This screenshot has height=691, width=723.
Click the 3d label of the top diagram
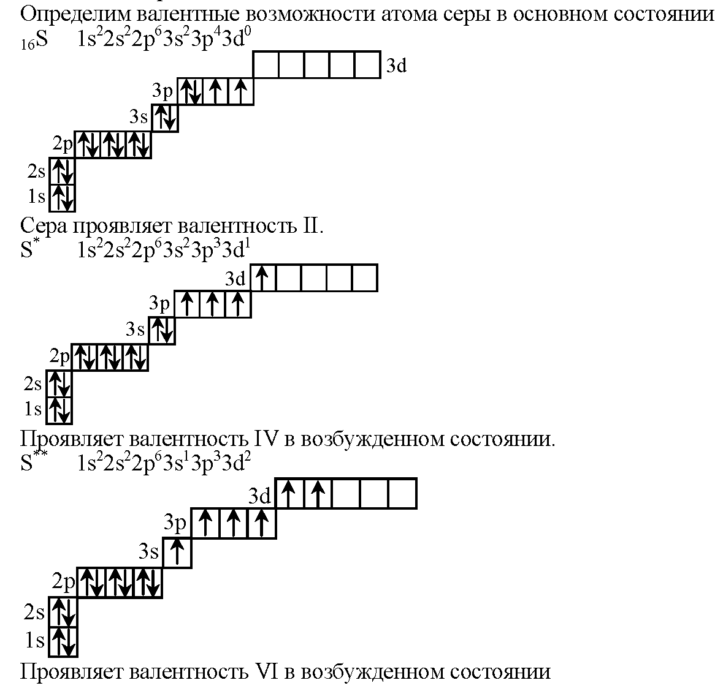coord(396,66)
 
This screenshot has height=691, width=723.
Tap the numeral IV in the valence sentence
coord(267,439)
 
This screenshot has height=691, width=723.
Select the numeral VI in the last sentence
coord(267,671)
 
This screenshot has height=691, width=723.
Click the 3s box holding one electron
coord(177,553)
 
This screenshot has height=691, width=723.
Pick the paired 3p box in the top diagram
coord(190,91)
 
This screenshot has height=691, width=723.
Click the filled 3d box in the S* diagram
coord(262,278)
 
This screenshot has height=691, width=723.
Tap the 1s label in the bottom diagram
coord(34,640)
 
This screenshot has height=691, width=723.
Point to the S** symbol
coord(33,463)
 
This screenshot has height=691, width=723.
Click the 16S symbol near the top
coord(34,40)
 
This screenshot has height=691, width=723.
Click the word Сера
coord(43,226)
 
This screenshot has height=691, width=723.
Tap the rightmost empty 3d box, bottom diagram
coord(402,493)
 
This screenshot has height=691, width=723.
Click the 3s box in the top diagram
coord(164,118)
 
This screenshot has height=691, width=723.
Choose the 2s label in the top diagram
coord(36,172)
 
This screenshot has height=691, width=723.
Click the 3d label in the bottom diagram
coord(259,496)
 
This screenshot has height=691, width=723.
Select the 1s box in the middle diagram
coord(59,410)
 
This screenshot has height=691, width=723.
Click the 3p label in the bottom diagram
coord(175,523)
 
